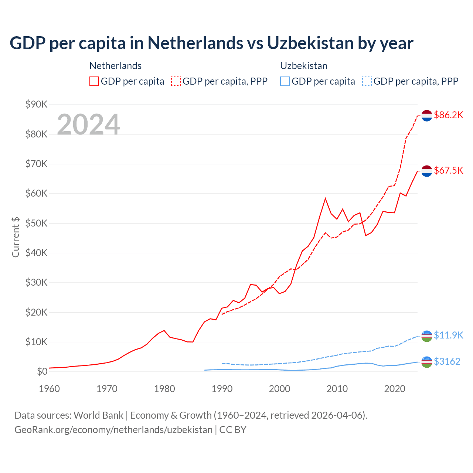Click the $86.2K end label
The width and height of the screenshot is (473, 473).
pos(448,115)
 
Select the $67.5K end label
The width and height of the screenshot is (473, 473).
pos(448,170)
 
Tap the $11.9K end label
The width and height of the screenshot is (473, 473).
pos(448,335)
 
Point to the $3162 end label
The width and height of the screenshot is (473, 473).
pos(447,361)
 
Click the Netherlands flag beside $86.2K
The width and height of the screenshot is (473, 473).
pos(427,115)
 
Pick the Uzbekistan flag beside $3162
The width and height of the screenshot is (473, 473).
pos(427,362)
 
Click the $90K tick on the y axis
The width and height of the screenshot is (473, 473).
pos(36,105)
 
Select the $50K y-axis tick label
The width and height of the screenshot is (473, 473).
pos(36,223)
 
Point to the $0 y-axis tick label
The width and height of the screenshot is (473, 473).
pos(42,371)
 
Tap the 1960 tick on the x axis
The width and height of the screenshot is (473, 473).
pos(49,389)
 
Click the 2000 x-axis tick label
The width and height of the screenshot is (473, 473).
pos(280,389)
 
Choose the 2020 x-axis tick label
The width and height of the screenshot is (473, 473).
pos(395,389)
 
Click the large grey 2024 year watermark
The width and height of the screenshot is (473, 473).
pos(88,125)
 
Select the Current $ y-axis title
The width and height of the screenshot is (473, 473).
pos(16,237)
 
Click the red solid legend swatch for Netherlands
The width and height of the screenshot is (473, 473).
pos(94,81)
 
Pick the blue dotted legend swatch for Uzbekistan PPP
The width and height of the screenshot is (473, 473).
pos(367,81)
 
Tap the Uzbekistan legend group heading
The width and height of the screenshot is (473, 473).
pos(304,66)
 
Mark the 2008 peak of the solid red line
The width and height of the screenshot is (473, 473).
pos(325,198)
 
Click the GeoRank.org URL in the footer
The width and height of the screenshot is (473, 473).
pos(113,430)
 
